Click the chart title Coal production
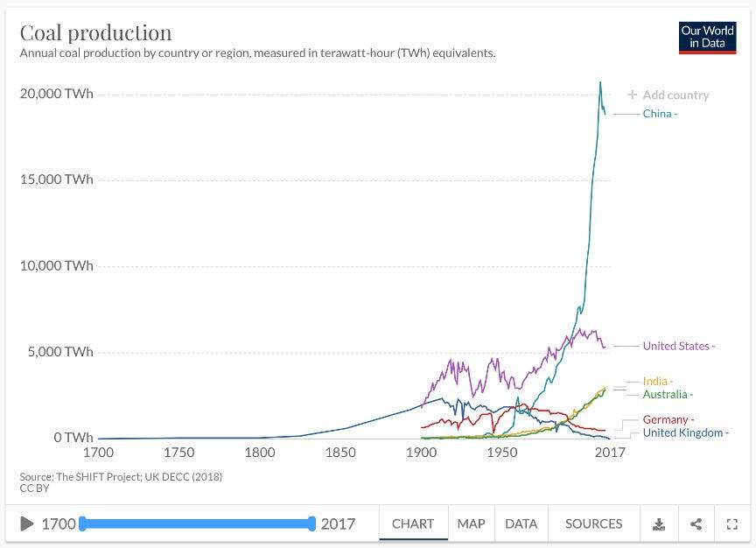tap(95, 32)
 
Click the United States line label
tap(675, 346)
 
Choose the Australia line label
tap(665, 395)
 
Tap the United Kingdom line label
tap(682, 432)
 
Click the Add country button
tap(668, 95)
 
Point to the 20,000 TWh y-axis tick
tap(56, 94)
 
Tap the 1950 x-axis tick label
tap(502, 453)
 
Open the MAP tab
tap(471, 523)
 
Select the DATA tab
tap(521, 523)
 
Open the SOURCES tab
tap(593, 523)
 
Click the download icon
tap(659, 524)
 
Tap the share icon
tap(696, 524)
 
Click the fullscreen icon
tap(732, 524)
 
